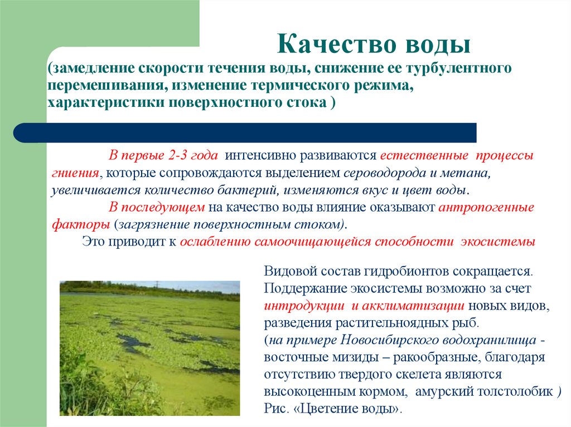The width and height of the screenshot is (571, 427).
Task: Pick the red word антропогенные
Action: tap(486, 207)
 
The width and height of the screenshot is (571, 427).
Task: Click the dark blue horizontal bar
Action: tap(251, 132)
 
